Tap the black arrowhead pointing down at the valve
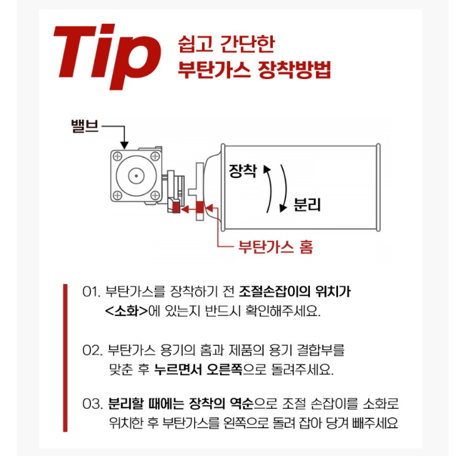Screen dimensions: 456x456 tap(126, 145)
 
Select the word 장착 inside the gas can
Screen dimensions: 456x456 tap(243, 171)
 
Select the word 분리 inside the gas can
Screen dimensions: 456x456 tap(307, 204)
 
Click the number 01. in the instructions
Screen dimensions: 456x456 tap(92, 292)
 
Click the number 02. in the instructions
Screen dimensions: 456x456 tap(92, 349)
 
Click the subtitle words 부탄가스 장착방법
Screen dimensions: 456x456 tap(255, 70)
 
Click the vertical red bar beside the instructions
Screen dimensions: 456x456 tap(65, 358)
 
